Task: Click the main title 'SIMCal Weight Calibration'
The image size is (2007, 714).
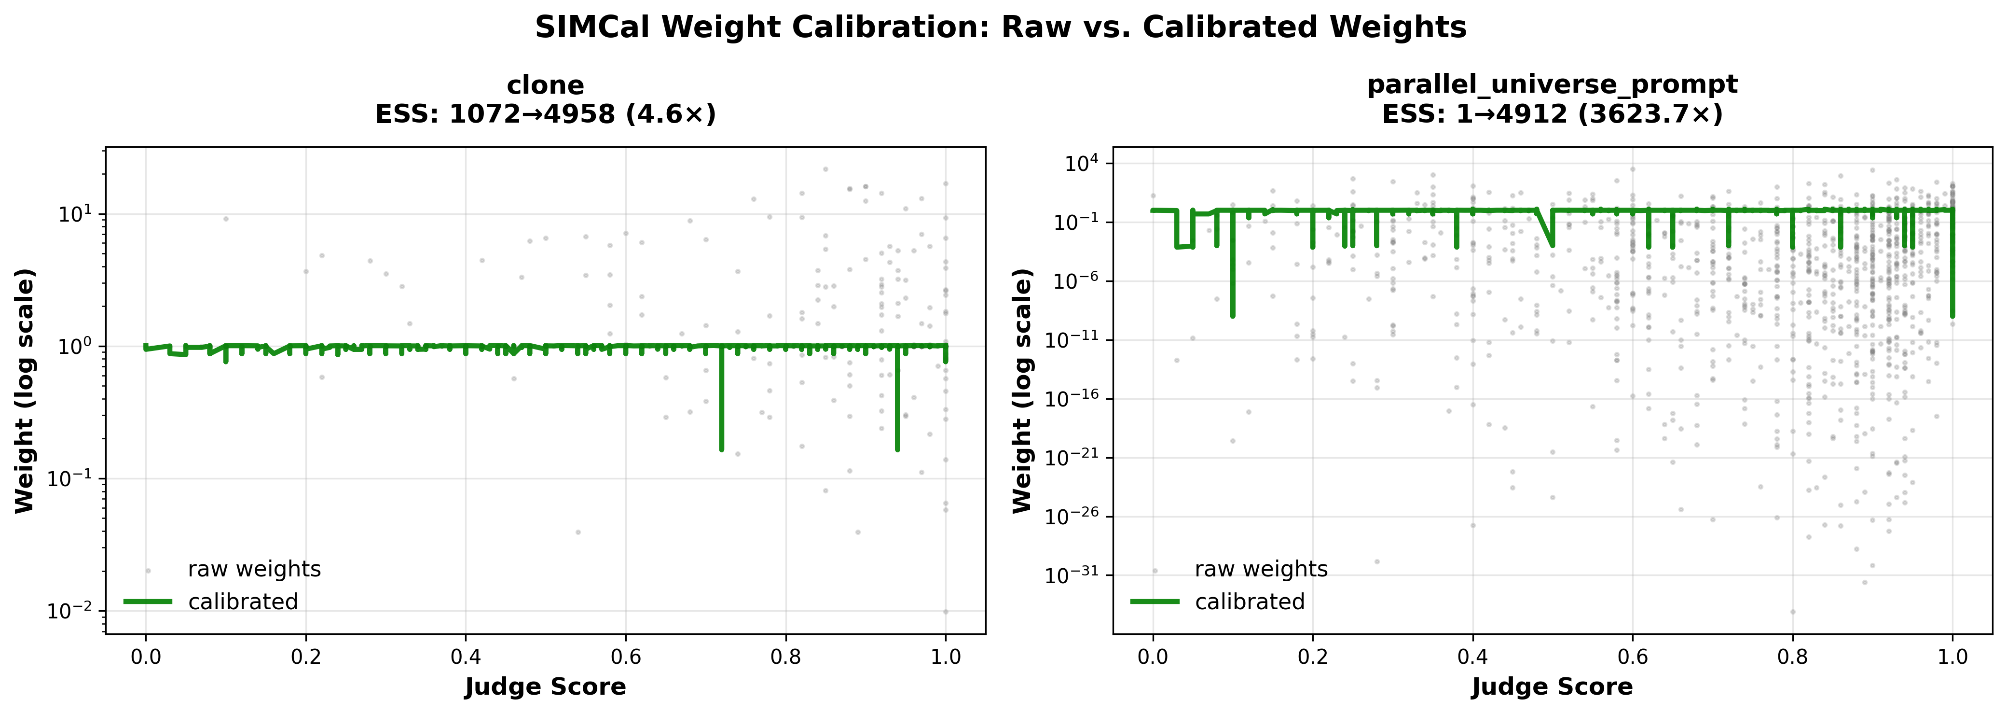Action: point(1001,28)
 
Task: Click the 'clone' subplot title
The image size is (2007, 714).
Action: point(545,85)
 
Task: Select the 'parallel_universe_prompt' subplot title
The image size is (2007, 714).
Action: point(1552,84)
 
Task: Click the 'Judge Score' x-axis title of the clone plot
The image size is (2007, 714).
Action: point(545,686)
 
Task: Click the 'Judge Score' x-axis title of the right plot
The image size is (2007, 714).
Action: point(1552,686)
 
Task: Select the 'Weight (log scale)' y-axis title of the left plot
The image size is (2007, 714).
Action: point(25,391)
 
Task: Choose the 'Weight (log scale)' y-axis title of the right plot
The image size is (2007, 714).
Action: point(1022,391)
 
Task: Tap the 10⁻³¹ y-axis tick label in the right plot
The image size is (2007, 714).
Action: point(1072,575)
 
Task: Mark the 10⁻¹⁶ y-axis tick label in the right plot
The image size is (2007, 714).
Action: point(1072,399)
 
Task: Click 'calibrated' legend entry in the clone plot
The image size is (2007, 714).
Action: point(242,602)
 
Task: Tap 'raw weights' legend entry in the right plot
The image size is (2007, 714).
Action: point(1261,569)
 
